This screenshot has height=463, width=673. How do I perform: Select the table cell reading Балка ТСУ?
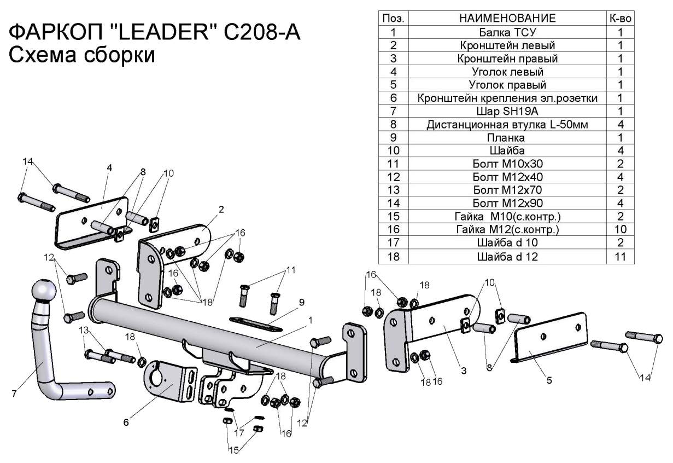(x=507, y=32)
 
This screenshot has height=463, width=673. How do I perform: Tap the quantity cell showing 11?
(x=621, y=256)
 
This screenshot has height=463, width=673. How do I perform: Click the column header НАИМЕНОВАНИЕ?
(x=507, y=18)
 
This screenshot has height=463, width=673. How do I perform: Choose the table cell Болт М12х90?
(x=507, y=203)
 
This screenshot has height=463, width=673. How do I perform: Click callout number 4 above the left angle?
(x=109, y=168)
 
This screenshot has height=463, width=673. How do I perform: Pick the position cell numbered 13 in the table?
(x=393, y=190)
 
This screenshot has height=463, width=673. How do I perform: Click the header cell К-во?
(x=621, y=18)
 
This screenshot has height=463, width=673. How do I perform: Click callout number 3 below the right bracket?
(x=463, y=371)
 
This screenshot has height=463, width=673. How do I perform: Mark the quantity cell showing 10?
(x=621, y=229)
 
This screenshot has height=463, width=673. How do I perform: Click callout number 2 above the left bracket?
(x=221, y=210)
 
